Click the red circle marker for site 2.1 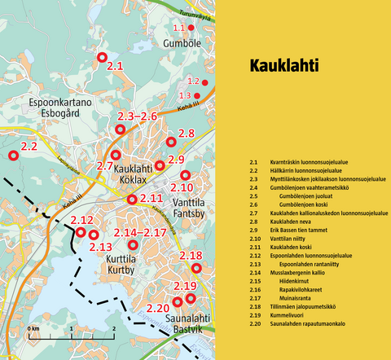click(x=102, y=57)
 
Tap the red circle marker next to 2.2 click(x=12, y=155)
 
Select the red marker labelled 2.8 click(x=170, y=142)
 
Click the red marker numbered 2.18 click(x=195, y=267)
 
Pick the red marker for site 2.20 click(x=177, y=302)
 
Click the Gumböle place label click(x=182, y=42)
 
